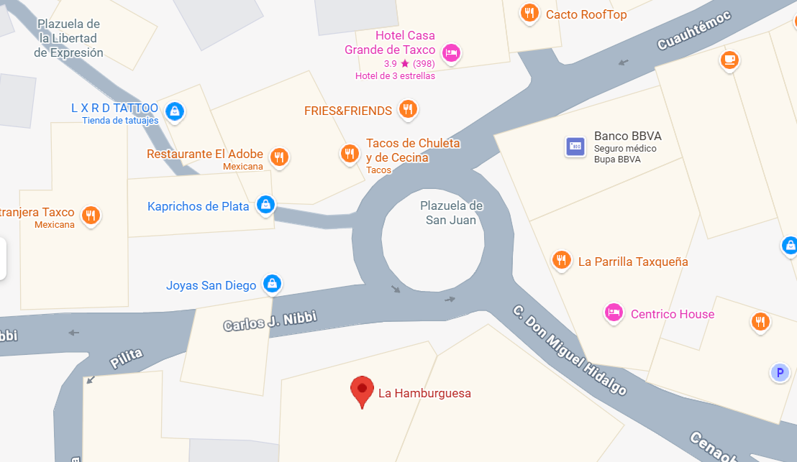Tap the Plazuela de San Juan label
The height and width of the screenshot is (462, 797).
click(451, 213)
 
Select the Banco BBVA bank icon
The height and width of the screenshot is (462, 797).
click(575, 147)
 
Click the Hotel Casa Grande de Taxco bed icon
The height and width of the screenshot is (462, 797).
click(451, 52)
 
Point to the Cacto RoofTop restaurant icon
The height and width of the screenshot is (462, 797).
click(530, 13)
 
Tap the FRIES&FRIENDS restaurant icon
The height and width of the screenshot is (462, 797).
click(408, 109)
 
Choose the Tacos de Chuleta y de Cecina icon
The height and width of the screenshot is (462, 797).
click(350, 152)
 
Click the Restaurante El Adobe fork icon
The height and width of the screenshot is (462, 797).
click(279, 157)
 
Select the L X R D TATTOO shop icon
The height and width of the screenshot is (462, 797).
click(174, 111)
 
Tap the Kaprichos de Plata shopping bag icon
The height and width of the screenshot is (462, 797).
click(265, 205)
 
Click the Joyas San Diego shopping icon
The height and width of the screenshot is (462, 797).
click(272, 284)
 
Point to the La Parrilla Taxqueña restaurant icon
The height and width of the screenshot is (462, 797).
click(562, 260)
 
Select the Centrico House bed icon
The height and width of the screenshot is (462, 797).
click(614, 313)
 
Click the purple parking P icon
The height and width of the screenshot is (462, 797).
click(779, 372)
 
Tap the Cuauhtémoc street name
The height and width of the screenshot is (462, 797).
click(693, 31)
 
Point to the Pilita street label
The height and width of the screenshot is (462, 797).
click(126, 359)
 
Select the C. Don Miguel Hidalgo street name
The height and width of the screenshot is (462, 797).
click(569, 351)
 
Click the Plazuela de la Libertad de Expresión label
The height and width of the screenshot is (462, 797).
click(69, 38)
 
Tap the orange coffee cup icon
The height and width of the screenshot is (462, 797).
click(730, 60)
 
